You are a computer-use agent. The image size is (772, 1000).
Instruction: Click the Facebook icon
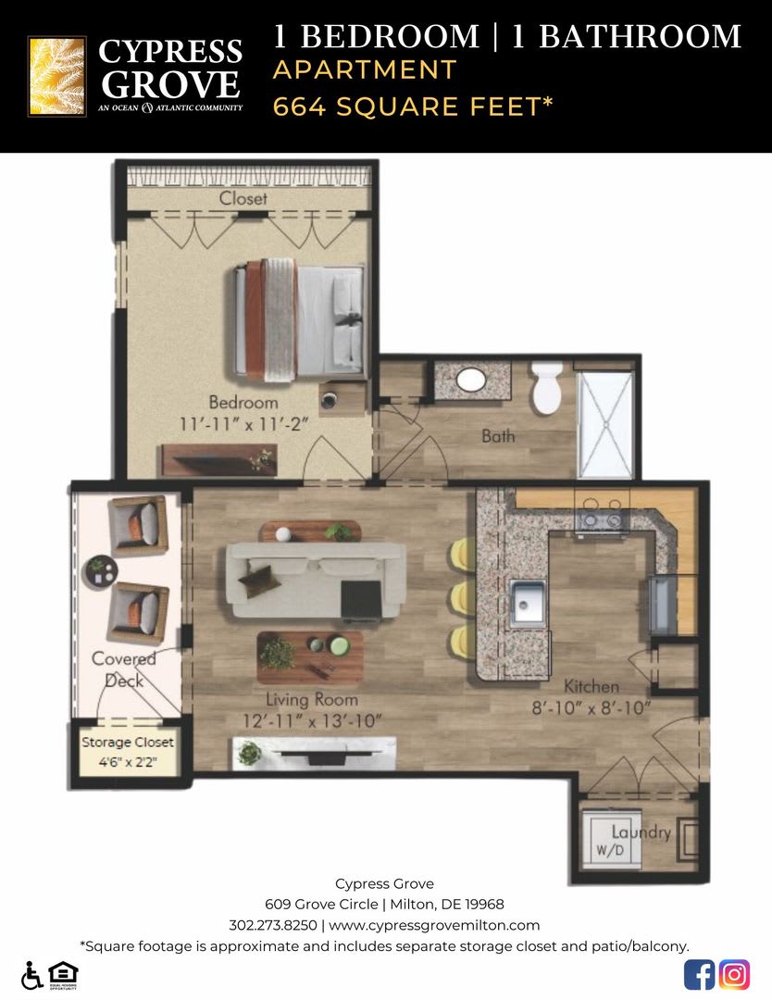click(x=699, y=974)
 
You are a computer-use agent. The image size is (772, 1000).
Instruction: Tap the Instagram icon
click(x=734, y=974)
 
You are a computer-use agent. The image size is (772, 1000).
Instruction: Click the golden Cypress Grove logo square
click(x=56, y=76)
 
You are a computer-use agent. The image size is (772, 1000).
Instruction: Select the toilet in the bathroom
click(x=547, y=388)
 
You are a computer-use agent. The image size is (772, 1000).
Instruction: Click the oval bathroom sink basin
click(x=472, y=381)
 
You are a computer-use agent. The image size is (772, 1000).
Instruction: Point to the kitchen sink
click(x=528, y=602)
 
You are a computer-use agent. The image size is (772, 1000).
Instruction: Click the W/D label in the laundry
click(x=610, y=849)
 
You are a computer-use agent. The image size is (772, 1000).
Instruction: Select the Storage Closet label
click(x=128, y=743)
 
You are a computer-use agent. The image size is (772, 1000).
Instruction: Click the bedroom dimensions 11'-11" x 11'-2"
click(x=243, y=423)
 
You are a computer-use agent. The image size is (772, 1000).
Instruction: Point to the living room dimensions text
click(x=312, y=720)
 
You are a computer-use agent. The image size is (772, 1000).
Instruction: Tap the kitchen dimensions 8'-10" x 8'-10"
click(x=591, y=708)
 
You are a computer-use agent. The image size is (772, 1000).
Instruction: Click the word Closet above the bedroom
click(x=243, y=198)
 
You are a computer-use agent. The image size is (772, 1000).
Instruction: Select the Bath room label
click(x=498, y=436)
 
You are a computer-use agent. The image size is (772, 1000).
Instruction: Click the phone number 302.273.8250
click(x=273, y=925)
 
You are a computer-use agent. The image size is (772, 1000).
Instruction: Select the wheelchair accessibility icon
click(x=31, y=975)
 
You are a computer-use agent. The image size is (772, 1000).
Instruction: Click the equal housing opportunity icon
click(x=63, y=975)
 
